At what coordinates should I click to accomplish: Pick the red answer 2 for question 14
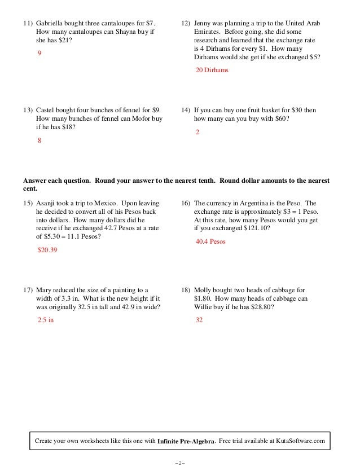[x=197, y=131]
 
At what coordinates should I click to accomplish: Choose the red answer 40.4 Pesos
[x=210, y=241]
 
